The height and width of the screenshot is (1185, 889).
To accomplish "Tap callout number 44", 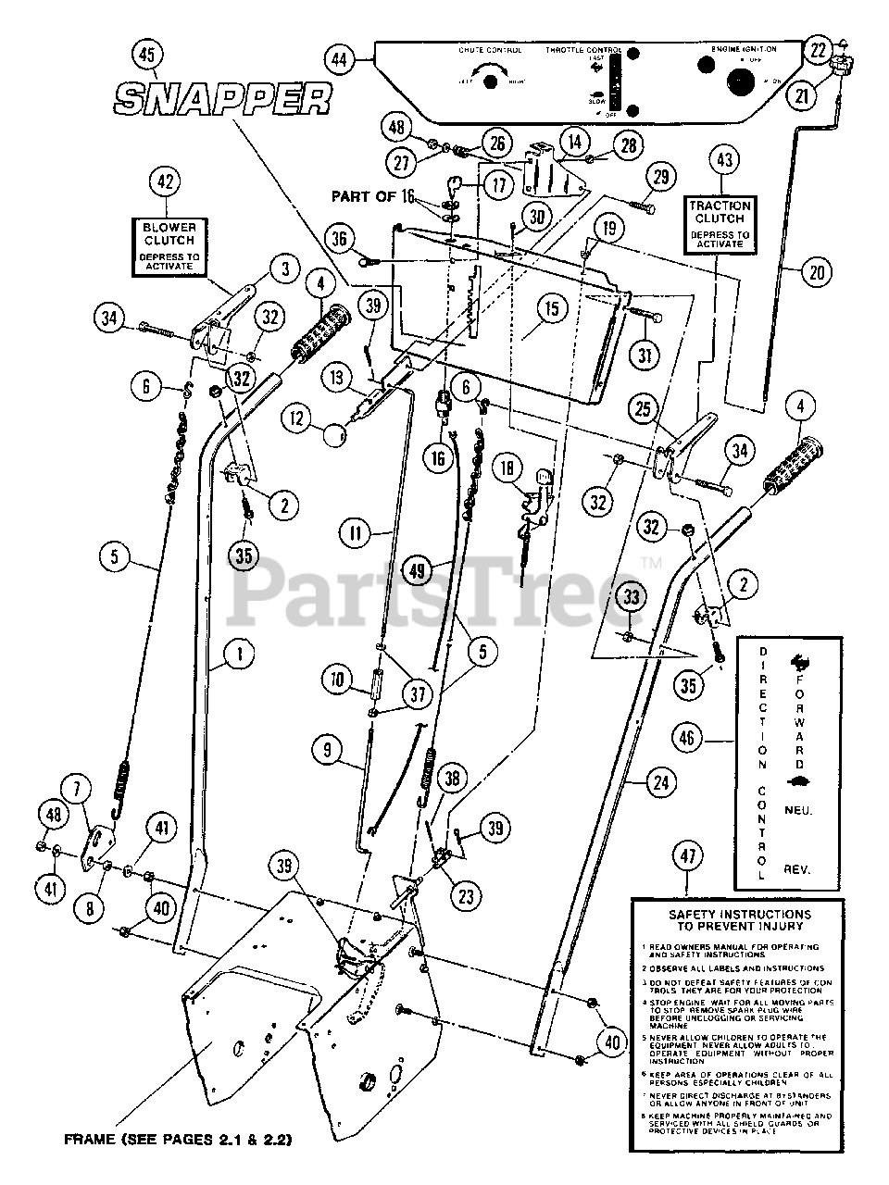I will coord(339,60).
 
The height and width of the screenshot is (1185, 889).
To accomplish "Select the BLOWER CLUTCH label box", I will coord(163,245).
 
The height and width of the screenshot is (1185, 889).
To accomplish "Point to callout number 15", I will coord(552,309).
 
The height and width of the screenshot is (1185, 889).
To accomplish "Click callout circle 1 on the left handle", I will coord(239,654).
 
